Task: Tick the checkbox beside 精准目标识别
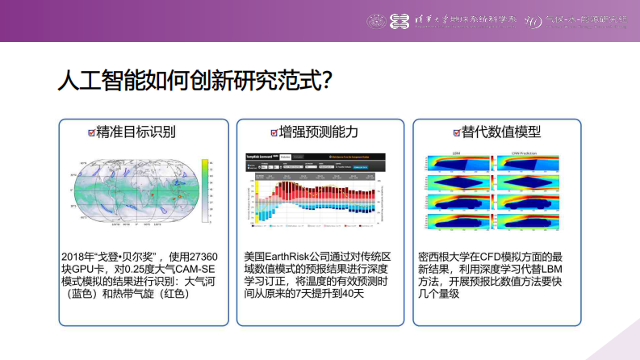click(x=91, y=132)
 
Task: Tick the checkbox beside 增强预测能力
click(x=274, y=132)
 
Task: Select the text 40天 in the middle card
click(x=351, y=293)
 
